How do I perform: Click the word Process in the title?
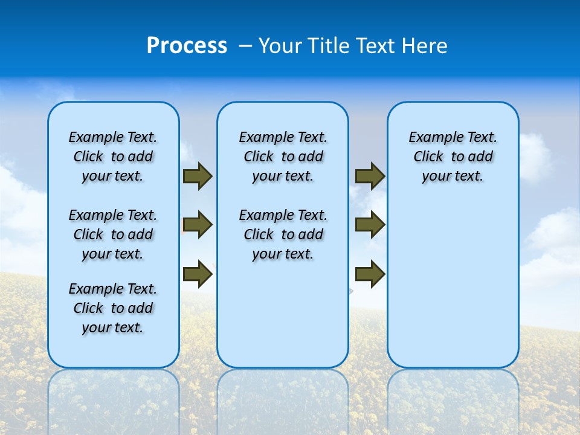187,46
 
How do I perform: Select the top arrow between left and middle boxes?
198,176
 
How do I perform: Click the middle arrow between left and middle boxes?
198,225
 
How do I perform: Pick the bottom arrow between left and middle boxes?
198,273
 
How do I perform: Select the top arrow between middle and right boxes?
370,176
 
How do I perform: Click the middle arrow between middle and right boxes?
370,225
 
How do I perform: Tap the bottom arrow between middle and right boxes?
370,273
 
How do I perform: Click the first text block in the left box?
113,156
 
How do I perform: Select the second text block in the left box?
113,234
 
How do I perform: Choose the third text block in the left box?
113,308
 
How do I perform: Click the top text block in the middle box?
283,156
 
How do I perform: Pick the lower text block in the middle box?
283,234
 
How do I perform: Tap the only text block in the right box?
453,156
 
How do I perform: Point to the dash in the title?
245,46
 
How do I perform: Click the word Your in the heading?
281,46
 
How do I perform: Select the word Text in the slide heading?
374,46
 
